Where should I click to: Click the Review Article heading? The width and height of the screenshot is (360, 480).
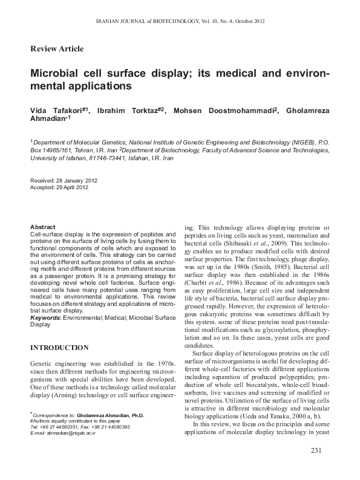tap(57, 48)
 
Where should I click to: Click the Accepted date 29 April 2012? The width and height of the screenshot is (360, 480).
tap(71, 187)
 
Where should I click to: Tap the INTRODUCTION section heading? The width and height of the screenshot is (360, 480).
tap(59, 348)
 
